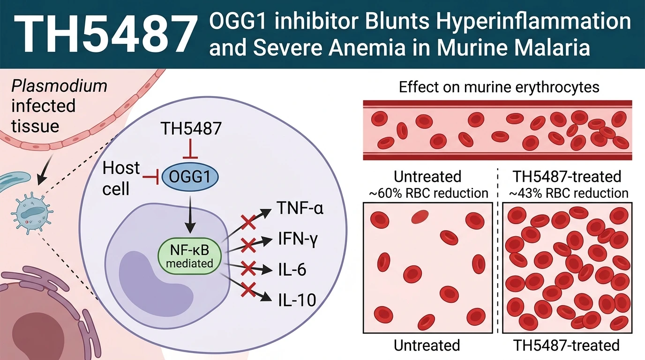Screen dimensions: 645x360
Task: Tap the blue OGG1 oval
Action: [x=190, y=177]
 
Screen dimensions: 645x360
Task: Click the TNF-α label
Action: [x=300, y=208]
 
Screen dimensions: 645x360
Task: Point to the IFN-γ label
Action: [x=298, y=240]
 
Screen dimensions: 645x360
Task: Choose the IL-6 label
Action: [x=292, y=270]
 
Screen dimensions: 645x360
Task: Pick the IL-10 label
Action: [x=297, y=300]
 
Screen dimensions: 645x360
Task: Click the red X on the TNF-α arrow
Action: [x=248, y=222]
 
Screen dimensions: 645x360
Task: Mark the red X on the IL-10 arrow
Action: [x=248, y=289]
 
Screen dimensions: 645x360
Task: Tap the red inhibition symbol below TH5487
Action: [x=190, y=149]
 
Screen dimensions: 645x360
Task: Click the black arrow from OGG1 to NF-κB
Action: [x=190, y=215]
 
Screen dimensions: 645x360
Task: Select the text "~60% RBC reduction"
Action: [x=428, y=193]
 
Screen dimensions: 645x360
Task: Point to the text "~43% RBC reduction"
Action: [x=569, y=193]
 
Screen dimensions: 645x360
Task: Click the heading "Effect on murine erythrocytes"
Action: [x=499, y=87]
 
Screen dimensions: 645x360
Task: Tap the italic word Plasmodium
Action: [x=60, y=86]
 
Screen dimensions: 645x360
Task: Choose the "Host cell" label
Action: [x=121, y=178]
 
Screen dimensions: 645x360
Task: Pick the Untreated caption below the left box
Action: [x=427, y=345]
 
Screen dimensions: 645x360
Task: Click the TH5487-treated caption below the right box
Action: [x=566, y=345]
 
